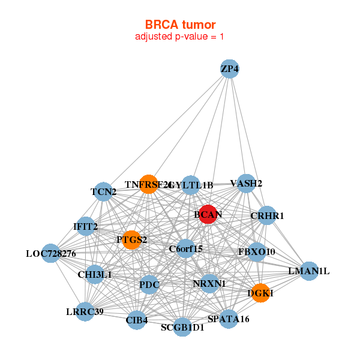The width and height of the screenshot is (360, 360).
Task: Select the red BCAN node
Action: click(208, 214)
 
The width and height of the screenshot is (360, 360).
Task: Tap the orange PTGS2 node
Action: click(132, 240)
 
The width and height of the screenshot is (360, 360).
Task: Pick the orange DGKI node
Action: click(260, 293)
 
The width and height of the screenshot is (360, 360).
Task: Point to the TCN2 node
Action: click(104, 192)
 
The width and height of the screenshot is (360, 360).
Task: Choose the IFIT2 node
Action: click(86, 226)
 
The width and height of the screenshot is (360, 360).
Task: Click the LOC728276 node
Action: click(51, 253)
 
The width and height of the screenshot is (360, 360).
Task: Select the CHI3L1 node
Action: click(95, 274)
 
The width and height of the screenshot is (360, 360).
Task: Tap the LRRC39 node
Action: click(85, 311)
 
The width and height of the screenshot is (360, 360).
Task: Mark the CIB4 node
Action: click(137, 320)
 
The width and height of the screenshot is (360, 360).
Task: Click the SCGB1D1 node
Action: click(182, 328)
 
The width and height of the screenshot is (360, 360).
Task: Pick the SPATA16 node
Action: click(228, 319)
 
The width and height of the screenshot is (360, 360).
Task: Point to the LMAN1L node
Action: click(309, 271)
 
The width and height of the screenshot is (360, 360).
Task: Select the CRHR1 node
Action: click(267, 215)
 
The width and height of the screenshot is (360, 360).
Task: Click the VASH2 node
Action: click(246, 183)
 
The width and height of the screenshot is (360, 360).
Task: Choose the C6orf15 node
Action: click(186, 248)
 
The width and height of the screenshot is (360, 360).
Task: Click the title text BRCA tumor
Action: click(180, 25)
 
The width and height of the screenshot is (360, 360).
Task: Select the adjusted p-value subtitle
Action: click(180, 37)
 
